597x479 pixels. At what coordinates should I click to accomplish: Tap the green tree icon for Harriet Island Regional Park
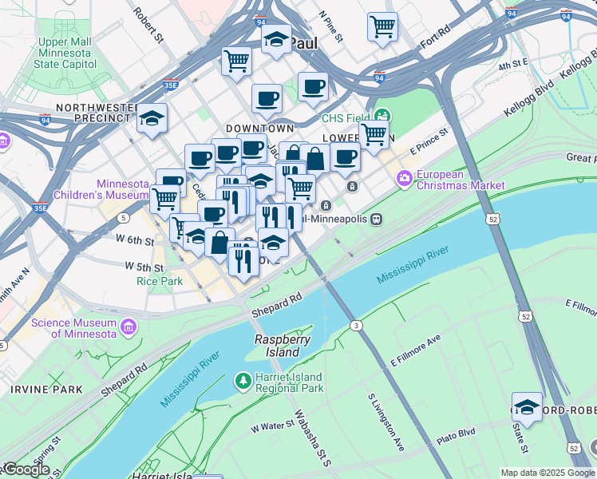[243, 382]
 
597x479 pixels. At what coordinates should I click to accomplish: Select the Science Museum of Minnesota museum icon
[128, 327]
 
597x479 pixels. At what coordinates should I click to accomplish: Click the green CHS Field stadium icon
[382, 117]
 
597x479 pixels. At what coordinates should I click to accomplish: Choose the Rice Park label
[160, 281]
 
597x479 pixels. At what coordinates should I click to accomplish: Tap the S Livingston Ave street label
[384, 418]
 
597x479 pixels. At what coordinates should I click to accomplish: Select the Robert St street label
[148, 25]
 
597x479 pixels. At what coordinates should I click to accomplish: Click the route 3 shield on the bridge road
[356, 325]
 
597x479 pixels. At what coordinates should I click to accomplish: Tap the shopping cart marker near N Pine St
[382, 26]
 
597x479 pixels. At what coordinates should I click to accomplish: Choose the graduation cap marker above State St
[527, 407]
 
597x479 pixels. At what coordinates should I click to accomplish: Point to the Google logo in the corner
[26, 469]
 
